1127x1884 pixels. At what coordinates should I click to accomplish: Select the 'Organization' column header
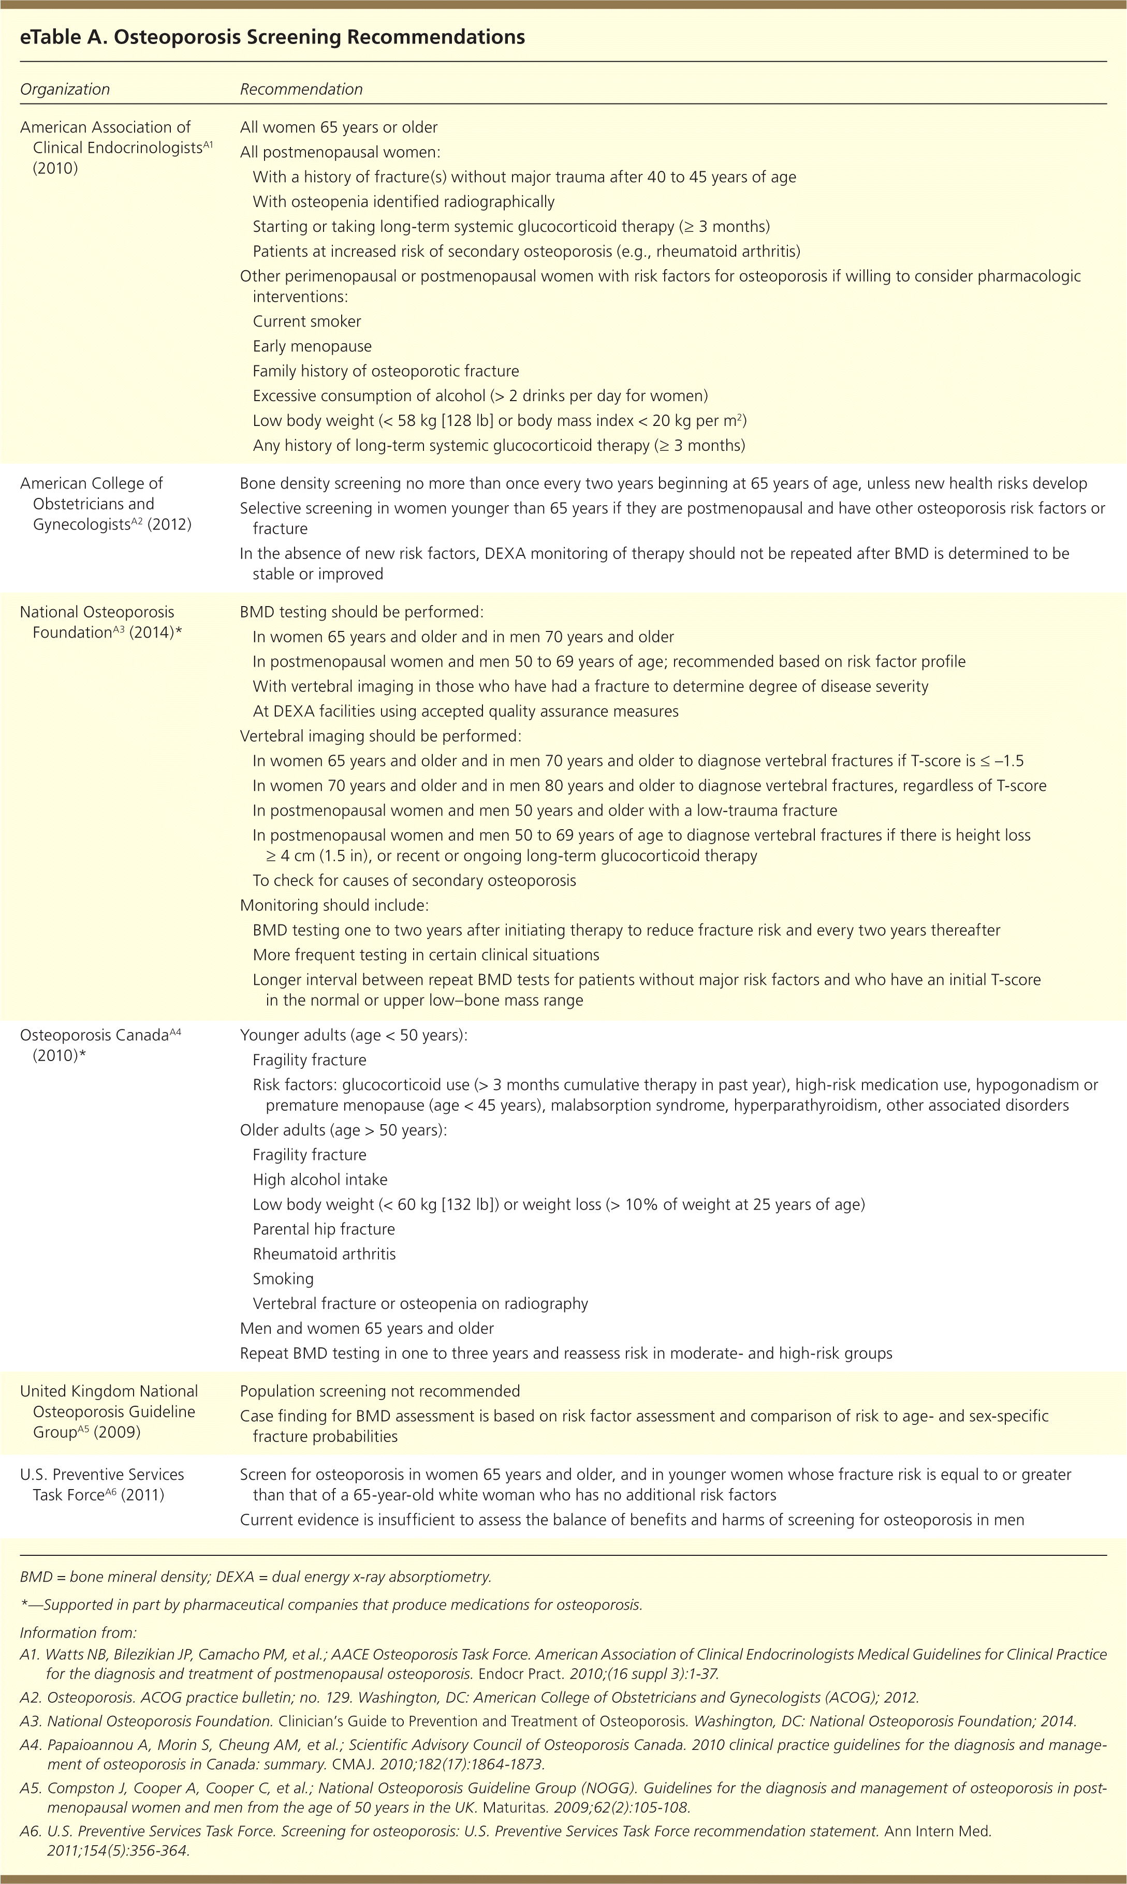point(65,89)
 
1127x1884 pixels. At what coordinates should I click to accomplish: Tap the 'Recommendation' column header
point(301,89)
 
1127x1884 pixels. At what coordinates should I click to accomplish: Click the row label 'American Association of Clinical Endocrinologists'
point(106,148)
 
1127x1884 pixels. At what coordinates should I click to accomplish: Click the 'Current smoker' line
point(307,321)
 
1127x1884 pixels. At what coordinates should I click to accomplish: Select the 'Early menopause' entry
point(312,346)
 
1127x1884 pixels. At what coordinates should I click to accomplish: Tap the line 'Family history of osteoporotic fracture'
point(386,371)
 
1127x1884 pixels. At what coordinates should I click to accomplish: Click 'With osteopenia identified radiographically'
point(403,201)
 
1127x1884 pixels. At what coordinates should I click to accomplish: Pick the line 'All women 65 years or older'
point(339,127)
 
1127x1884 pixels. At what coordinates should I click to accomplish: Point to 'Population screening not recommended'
point(379,1391)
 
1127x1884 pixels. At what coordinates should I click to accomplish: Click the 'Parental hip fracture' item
point(324,1229)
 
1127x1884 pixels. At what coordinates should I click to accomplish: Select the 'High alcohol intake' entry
point(320,1179)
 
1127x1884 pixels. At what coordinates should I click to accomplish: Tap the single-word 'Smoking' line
point(283,1278)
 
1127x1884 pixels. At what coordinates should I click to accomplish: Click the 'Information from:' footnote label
point(78,1632)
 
